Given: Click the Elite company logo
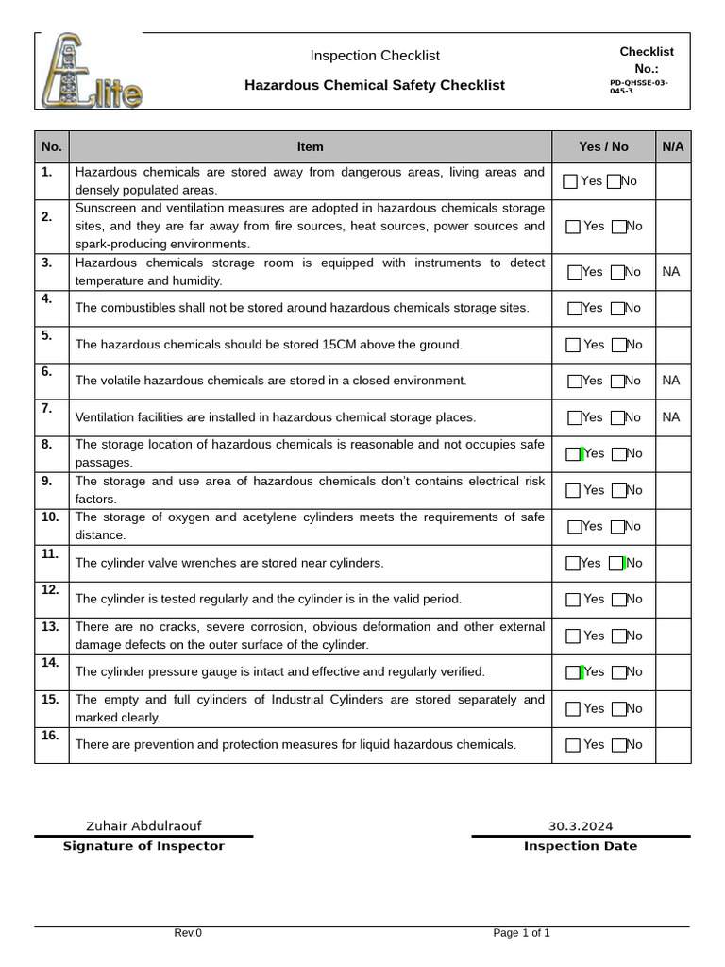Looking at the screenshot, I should tap(92, 71).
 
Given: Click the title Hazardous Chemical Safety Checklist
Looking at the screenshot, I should tap(375, 85).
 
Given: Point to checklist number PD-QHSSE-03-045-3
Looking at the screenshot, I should tap(639, 87).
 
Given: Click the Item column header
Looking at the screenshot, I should tap(310, 146).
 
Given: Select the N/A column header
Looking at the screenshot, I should tap(673, 146).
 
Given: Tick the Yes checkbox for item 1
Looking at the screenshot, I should tap(570, 181).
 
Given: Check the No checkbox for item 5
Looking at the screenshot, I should tap(618, 346).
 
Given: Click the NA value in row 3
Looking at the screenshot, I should tap(671, 272).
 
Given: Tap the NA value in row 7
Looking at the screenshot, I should tap(671, 417).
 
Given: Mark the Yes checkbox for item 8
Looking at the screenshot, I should tap(574, 454).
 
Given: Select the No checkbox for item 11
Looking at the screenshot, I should tap(616, 564).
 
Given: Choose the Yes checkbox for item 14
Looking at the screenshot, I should tap(574, 672).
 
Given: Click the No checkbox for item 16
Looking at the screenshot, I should tap(618, 745).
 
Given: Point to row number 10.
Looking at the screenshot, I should tap(50, 517).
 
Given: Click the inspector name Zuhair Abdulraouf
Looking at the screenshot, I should tap(143, 826).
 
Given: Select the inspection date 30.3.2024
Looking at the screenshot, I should tap(581, 826).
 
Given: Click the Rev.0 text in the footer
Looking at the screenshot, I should tap(188, 933).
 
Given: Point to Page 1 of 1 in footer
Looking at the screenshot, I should tap(521, 933).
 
